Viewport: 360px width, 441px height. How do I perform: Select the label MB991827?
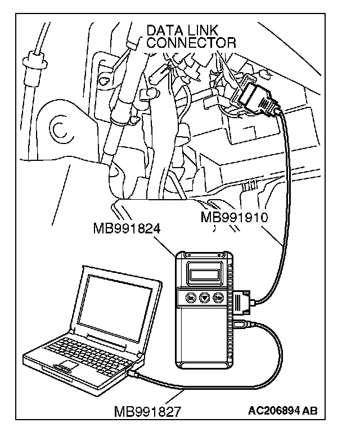pos(147,411)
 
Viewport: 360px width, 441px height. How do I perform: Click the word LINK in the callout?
pos(205,30)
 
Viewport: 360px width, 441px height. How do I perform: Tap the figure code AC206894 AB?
pos(282,411)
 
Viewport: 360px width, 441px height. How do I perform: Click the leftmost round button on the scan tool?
pos(191,299)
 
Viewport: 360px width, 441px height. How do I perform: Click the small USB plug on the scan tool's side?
pos(243,324)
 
